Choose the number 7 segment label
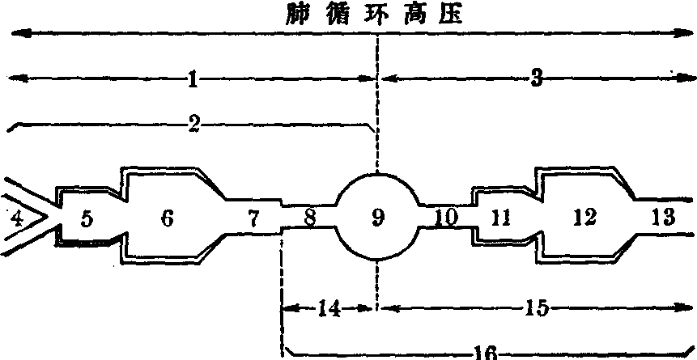coord(253,218)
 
